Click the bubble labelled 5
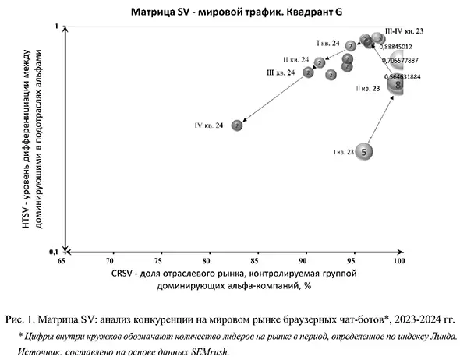click(x=365, y=152)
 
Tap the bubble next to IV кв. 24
click(x=237, y=125)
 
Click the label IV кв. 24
click(x=209, y=125)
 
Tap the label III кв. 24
click(x=281, y=72)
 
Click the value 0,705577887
click(x=401, y=60)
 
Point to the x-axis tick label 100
click(x=399, y=262)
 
